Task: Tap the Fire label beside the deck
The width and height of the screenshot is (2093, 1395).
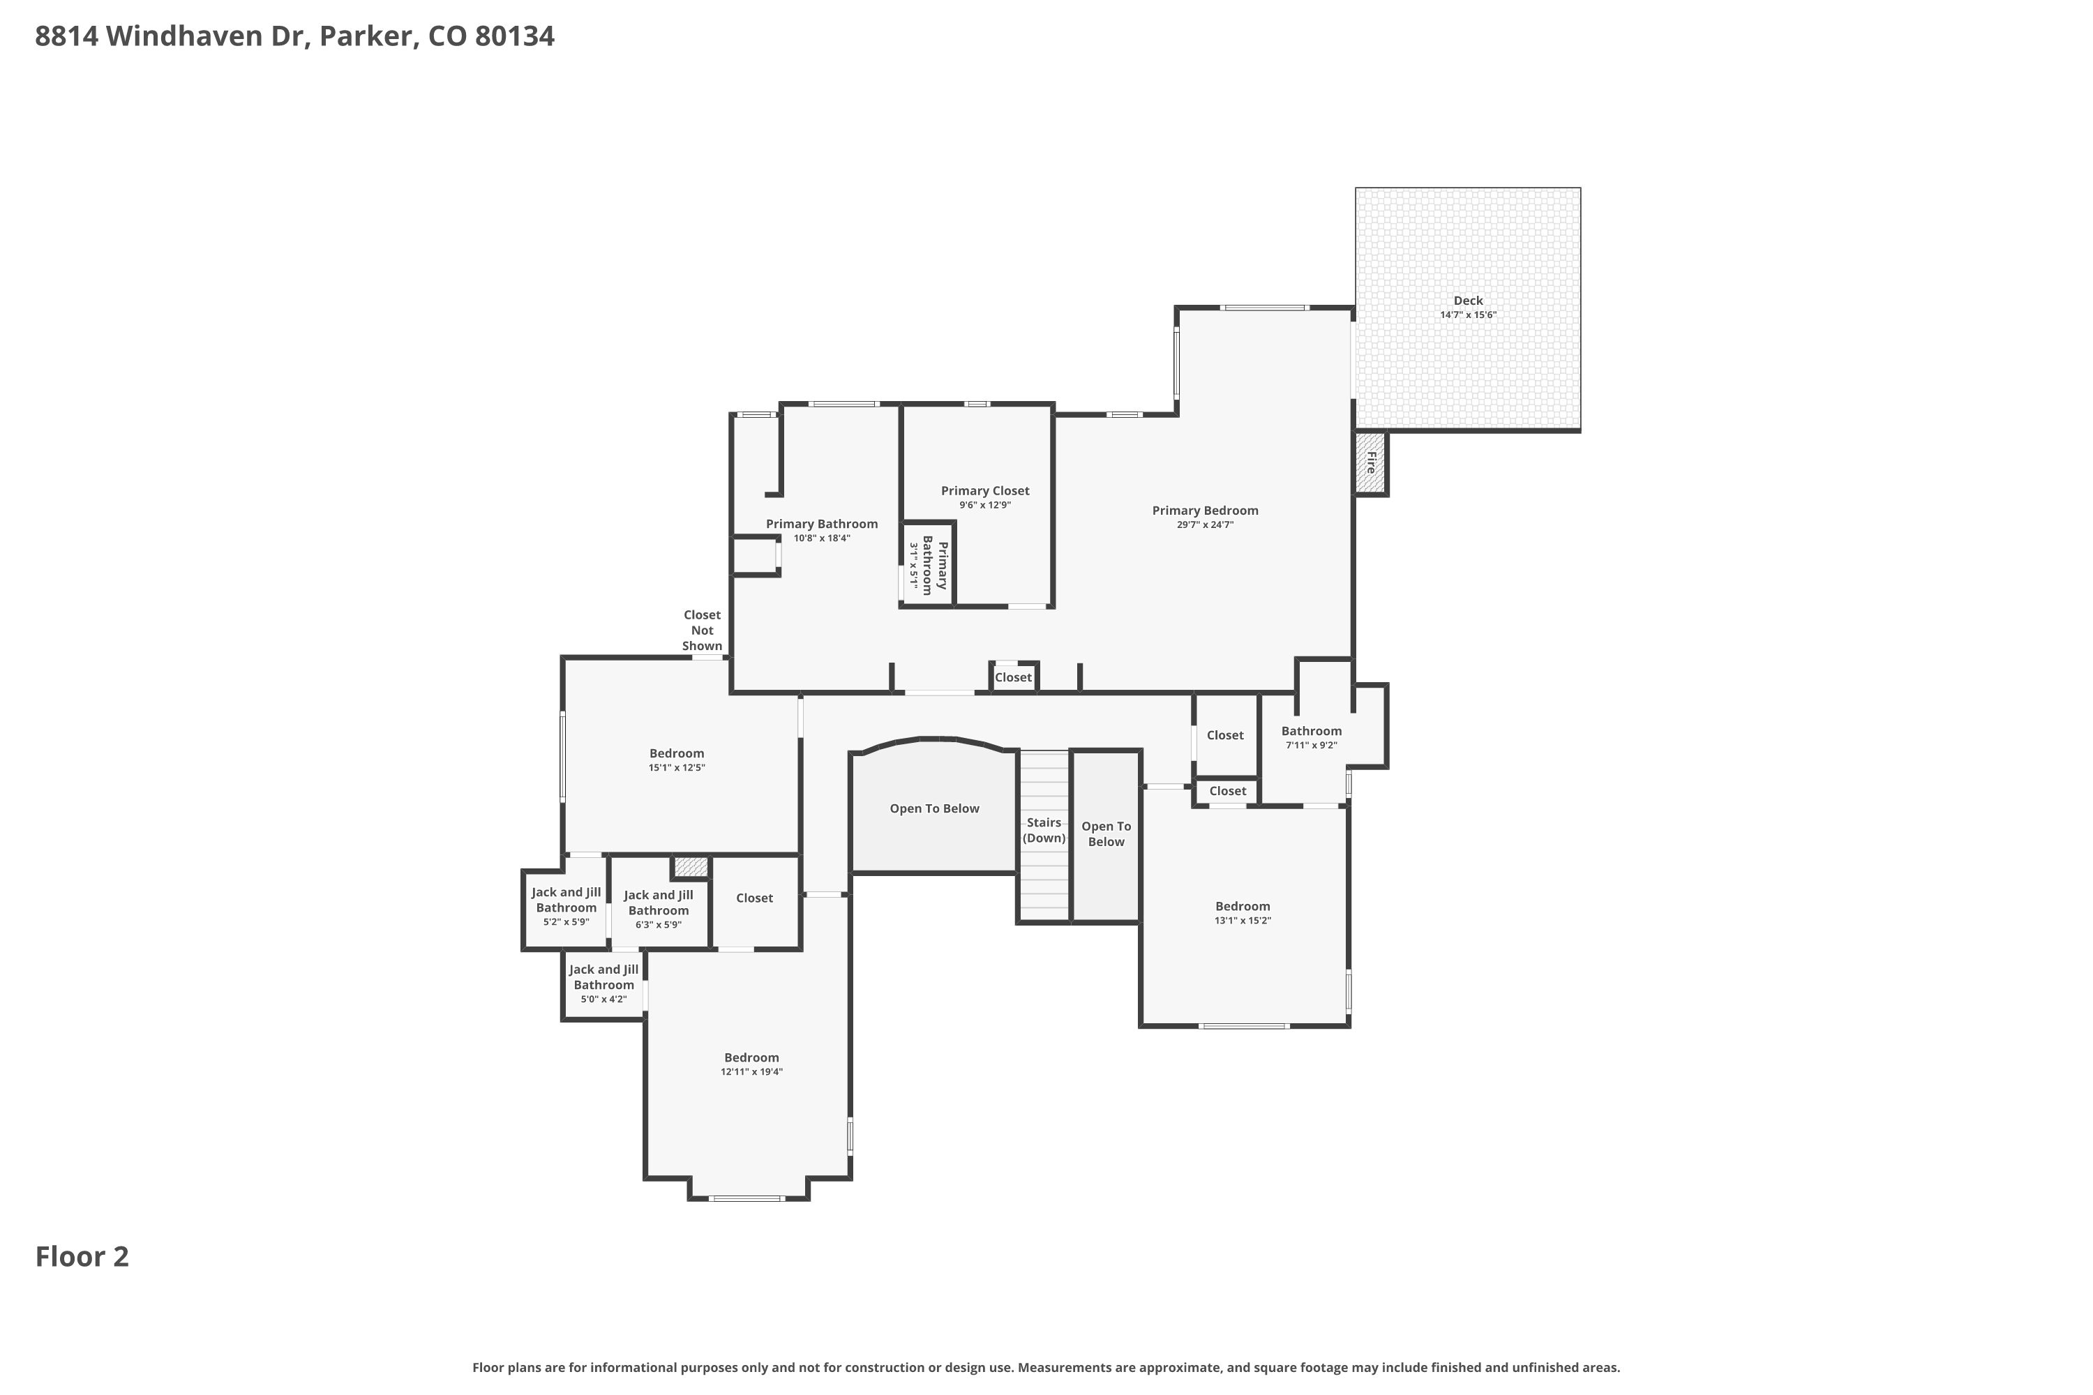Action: click(1372, 462)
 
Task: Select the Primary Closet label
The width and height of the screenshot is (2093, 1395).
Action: click(985, 491)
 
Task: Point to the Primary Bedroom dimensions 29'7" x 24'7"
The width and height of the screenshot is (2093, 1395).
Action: click(1205, 525)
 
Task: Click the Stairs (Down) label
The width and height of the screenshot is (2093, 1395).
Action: click(1044, 830)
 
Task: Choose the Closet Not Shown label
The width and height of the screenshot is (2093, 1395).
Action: click(702, 631)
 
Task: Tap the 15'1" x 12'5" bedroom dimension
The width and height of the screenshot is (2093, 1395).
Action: click(676, 768)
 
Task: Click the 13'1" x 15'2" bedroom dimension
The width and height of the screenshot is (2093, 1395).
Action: click(1243, 921)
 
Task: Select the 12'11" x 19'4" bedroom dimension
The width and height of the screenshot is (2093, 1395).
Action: click(752, 1072)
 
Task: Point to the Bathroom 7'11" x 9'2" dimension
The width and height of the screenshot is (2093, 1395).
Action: click(1312, 746)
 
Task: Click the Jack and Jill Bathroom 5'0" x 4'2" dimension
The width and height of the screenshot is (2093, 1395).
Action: click(603, 999)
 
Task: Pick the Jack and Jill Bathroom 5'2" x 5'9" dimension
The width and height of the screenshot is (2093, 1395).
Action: click(566, 921)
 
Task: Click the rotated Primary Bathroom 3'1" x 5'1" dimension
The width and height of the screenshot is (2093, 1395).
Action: click(913, 566)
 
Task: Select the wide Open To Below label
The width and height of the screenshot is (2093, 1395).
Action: click(934, 808)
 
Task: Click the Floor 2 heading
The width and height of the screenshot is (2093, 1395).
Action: click(82, 1256)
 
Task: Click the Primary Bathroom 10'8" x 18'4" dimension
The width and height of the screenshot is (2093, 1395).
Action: click(821, 538)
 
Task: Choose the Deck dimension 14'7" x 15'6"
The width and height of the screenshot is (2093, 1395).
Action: click(1469, 315)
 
